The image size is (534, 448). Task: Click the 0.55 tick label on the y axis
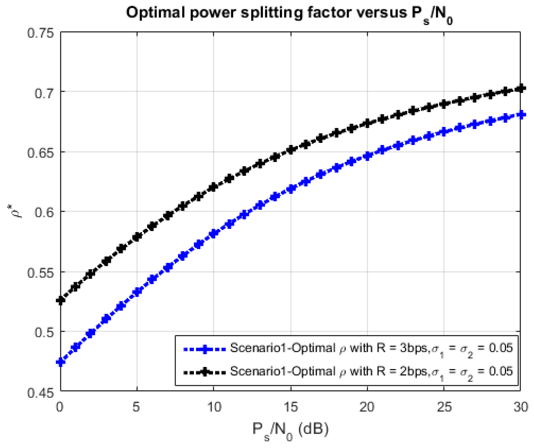(x=41, y=273)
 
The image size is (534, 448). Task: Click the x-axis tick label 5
(x=137, y=407)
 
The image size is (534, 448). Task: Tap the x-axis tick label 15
(x=290, y=407)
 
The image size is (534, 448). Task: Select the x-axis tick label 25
(x=444, y=407)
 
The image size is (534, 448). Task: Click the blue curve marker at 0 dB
(x=61, y=362)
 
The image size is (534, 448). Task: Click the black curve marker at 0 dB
(x=61, y=301)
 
